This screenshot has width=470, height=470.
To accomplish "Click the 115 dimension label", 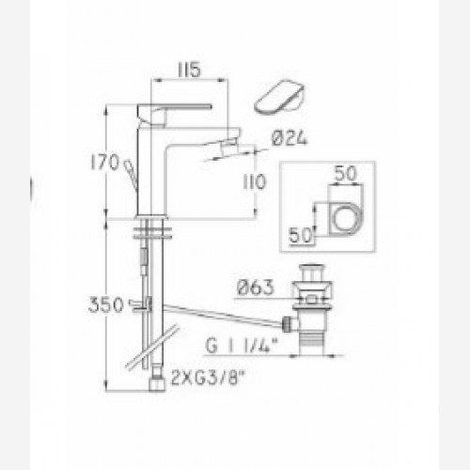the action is pyautogui.click(x=190, y=70).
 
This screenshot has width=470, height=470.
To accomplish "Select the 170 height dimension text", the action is pyautogui.click(x=105, y=163).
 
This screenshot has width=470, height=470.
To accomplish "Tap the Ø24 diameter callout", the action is pyautogui.click(x=290, y=138).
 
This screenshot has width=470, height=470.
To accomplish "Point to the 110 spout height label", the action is pyautogui.click(x=255, y=181).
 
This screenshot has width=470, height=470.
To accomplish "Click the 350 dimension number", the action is pyautogui.click(x=106, y=305).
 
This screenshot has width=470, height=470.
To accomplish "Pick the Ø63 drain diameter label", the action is pyautogui.click(x=256, y=288).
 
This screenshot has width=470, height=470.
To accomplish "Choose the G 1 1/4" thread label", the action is pyautogui.click(x=242, y=346).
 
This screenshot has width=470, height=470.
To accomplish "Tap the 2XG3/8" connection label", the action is pyautogui.click(x=208, y=378).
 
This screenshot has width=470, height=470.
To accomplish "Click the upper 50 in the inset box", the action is pyautogui.click(x=345, y=173).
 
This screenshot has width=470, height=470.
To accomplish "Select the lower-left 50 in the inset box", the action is pyautogui.click(x=301, y=235).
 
